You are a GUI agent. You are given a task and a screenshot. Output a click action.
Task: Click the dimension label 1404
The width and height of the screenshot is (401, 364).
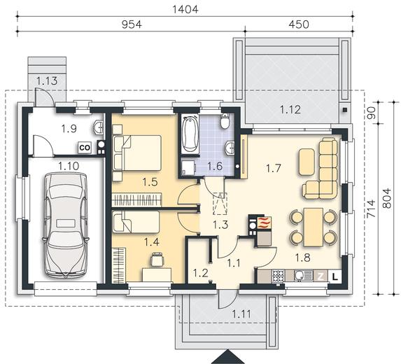coord(185,10)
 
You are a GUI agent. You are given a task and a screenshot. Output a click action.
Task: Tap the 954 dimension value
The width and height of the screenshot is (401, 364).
coord(132,24)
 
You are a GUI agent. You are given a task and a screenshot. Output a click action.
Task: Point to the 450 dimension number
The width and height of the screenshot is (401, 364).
coord(299,24)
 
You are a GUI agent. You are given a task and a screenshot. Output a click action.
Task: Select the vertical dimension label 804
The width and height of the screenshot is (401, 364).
coord(387,198)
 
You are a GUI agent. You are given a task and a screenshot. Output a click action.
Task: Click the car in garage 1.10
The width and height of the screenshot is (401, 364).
coord(66,225)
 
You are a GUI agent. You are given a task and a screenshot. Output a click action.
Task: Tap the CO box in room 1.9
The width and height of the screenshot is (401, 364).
coord(85,148)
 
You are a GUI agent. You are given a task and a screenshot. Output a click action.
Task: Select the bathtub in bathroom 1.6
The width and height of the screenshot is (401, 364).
coord(190,134)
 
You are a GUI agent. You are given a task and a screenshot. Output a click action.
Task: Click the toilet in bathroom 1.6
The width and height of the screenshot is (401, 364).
coord(225,121)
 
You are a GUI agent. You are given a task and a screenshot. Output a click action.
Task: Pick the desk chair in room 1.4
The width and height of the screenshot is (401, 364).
coord(157,259)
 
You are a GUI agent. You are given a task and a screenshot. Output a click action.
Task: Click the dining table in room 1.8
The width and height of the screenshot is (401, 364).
coord(313,227)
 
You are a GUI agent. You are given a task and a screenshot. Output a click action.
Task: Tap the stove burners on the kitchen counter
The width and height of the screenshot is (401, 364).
coord(278,276)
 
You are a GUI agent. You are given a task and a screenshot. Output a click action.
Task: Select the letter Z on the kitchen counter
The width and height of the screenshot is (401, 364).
coord(321,276)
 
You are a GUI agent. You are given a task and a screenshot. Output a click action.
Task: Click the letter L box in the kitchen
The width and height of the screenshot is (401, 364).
coord(335,276)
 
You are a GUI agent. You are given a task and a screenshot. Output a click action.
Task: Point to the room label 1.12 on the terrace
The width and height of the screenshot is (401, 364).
coord(290,110)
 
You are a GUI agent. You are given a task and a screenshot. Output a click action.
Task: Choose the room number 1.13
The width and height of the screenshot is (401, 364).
coord(47,80)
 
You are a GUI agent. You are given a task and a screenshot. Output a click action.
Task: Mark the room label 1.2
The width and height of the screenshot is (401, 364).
coord(200,274)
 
